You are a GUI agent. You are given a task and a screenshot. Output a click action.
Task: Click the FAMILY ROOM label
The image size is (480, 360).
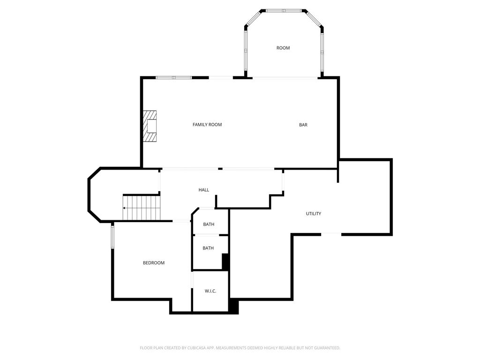click(x=207, y=125)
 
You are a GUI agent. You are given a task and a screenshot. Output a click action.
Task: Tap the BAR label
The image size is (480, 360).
click(x=303, y=125)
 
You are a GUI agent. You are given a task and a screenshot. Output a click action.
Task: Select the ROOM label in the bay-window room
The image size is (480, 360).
click(x=283, y=48)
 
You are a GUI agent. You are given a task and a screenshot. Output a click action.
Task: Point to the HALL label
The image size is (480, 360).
click(x=204, y=190)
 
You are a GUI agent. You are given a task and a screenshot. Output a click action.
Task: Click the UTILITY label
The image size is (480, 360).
click(x=314, y=214)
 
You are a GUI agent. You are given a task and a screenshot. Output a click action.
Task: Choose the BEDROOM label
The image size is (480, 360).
click(x=154, y=263)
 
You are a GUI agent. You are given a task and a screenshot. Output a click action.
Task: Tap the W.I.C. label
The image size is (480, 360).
click(x=210, y=291)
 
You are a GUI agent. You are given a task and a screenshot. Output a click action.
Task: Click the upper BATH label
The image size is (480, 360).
click(x=209, y=225)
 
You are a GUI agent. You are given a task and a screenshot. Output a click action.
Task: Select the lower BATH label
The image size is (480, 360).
click(x=208, y=248)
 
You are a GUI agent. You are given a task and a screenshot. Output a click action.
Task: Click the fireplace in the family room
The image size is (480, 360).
click(x=150, y=126)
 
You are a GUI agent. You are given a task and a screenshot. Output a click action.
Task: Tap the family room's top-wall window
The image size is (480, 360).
click(x=173, y=77)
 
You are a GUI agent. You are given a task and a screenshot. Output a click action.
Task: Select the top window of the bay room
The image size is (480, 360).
click(x=284, y=10)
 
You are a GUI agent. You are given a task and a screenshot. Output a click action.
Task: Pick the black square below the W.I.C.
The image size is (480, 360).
click(x=233, y=307)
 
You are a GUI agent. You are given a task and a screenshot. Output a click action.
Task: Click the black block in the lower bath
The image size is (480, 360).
click(x=225, y=261)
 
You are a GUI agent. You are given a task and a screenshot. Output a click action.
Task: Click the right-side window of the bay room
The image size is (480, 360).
click(x=322, y=52)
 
